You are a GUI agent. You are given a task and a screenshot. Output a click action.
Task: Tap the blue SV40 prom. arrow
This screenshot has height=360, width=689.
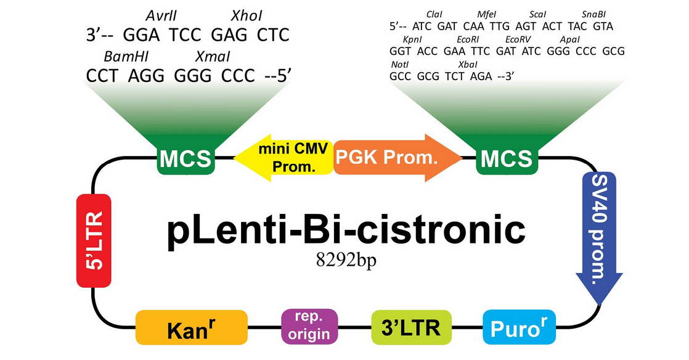click(x=596, y=234)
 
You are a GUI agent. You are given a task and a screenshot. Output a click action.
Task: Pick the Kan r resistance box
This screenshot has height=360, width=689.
click(x=191, y=329)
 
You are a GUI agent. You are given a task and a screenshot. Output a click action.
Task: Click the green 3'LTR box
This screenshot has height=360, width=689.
click(x=411, y=327)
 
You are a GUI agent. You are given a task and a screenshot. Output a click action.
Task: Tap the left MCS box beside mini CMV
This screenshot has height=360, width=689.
click(x=185, y=159)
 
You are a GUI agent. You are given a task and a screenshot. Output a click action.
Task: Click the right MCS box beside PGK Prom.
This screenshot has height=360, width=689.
click(x=506, y=159)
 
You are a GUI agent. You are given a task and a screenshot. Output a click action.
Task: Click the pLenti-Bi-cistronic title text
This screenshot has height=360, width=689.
click(x=346, y=229)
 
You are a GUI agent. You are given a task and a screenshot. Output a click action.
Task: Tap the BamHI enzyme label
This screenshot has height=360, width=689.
click(x=126, y=57)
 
